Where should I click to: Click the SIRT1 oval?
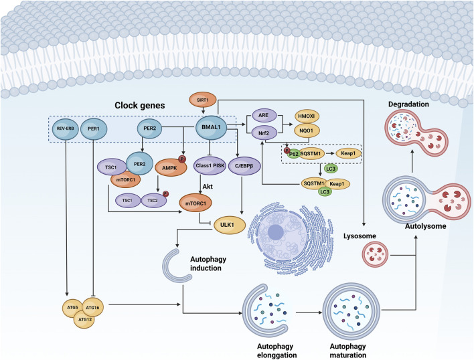[203, 100]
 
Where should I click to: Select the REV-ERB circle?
[66, 129]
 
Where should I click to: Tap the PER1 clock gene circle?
[94, 129]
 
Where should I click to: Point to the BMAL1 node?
[211, 128]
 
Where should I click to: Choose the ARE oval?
[263, 115]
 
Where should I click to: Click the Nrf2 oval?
[263, 132]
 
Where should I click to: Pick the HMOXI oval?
[307, 116]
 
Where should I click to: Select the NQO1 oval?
[307, 130]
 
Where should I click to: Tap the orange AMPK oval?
[171, 167]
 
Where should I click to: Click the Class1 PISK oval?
[210, 165]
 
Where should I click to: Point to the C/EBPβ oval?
[244, 165]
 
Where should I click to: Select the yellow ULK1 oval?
[230, 225]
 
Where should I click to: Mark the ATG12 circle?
[84, 319]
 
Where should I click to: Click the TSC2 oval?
[153, 201]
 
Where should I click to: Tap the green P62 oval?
[293, 154]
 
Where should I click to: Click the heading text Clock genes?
[140, 106]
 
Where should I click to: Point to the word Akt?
[208, 186]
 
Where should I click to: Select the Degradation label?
[408, 104]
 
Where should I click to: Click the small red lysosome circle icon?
[375, 256]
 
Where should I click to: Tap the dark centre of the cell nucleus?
[275, 232]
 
